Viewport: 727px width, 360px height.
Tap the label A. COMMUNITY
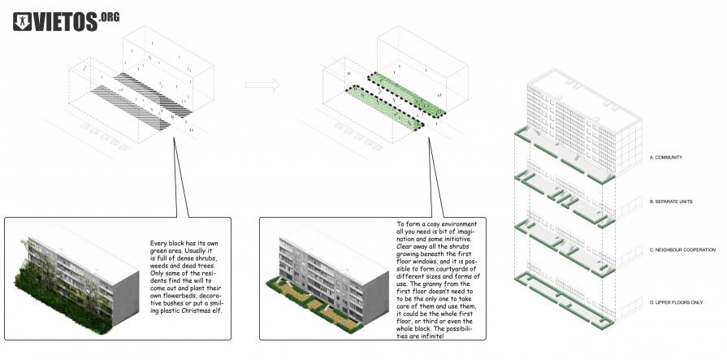670,157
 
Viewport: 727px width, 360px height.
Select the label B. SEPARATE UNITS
675,201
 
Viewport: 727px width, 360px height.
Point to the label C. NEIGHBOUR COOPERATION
682,249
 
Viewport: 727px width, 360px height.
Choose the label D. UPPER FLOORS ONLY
677,303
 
